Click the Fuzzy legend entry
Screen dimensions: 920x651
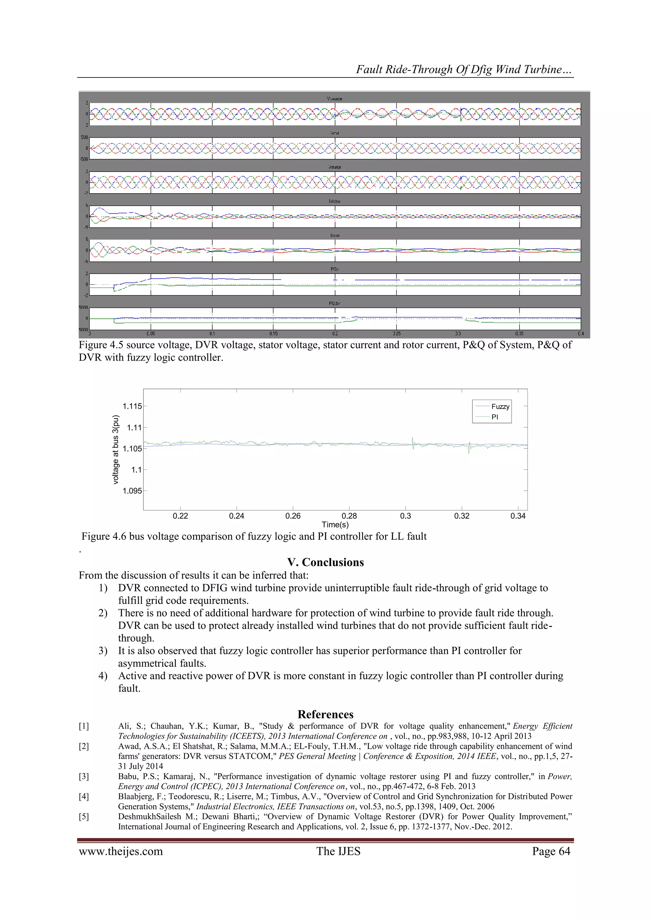coord(500,406)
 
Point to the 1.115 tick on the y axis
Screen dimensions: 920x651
coord(132,406)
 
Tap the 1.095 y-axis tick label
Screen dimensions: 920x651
coord(132,491)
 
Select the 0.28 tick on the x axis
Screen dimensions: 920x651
coord(349,516)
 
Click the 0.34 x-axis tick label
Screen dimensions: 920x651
coord(518,516)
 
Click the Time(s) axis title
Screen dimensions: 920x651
coord(335,525)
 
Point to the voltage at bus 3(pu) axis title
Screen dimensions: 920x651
coord(116,450)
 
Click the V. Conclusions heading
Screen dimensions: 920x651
coord(325,562)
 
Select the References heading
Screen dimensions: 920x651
coord(325,714)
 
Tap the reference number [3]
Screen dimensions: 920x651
coord(84,776)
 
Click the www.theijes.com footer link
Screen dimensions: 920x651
coord(121,851)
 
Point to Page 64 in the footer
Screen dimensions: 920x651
coord(551,851)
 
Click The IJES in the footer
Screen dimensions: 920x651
coord(338,851)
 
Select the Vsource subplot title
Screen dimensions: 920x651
coord(334,99)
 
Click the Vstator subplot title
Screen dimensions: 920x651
coord(334,167)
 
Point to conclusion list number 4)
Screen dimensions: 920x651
coord(103,676)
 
